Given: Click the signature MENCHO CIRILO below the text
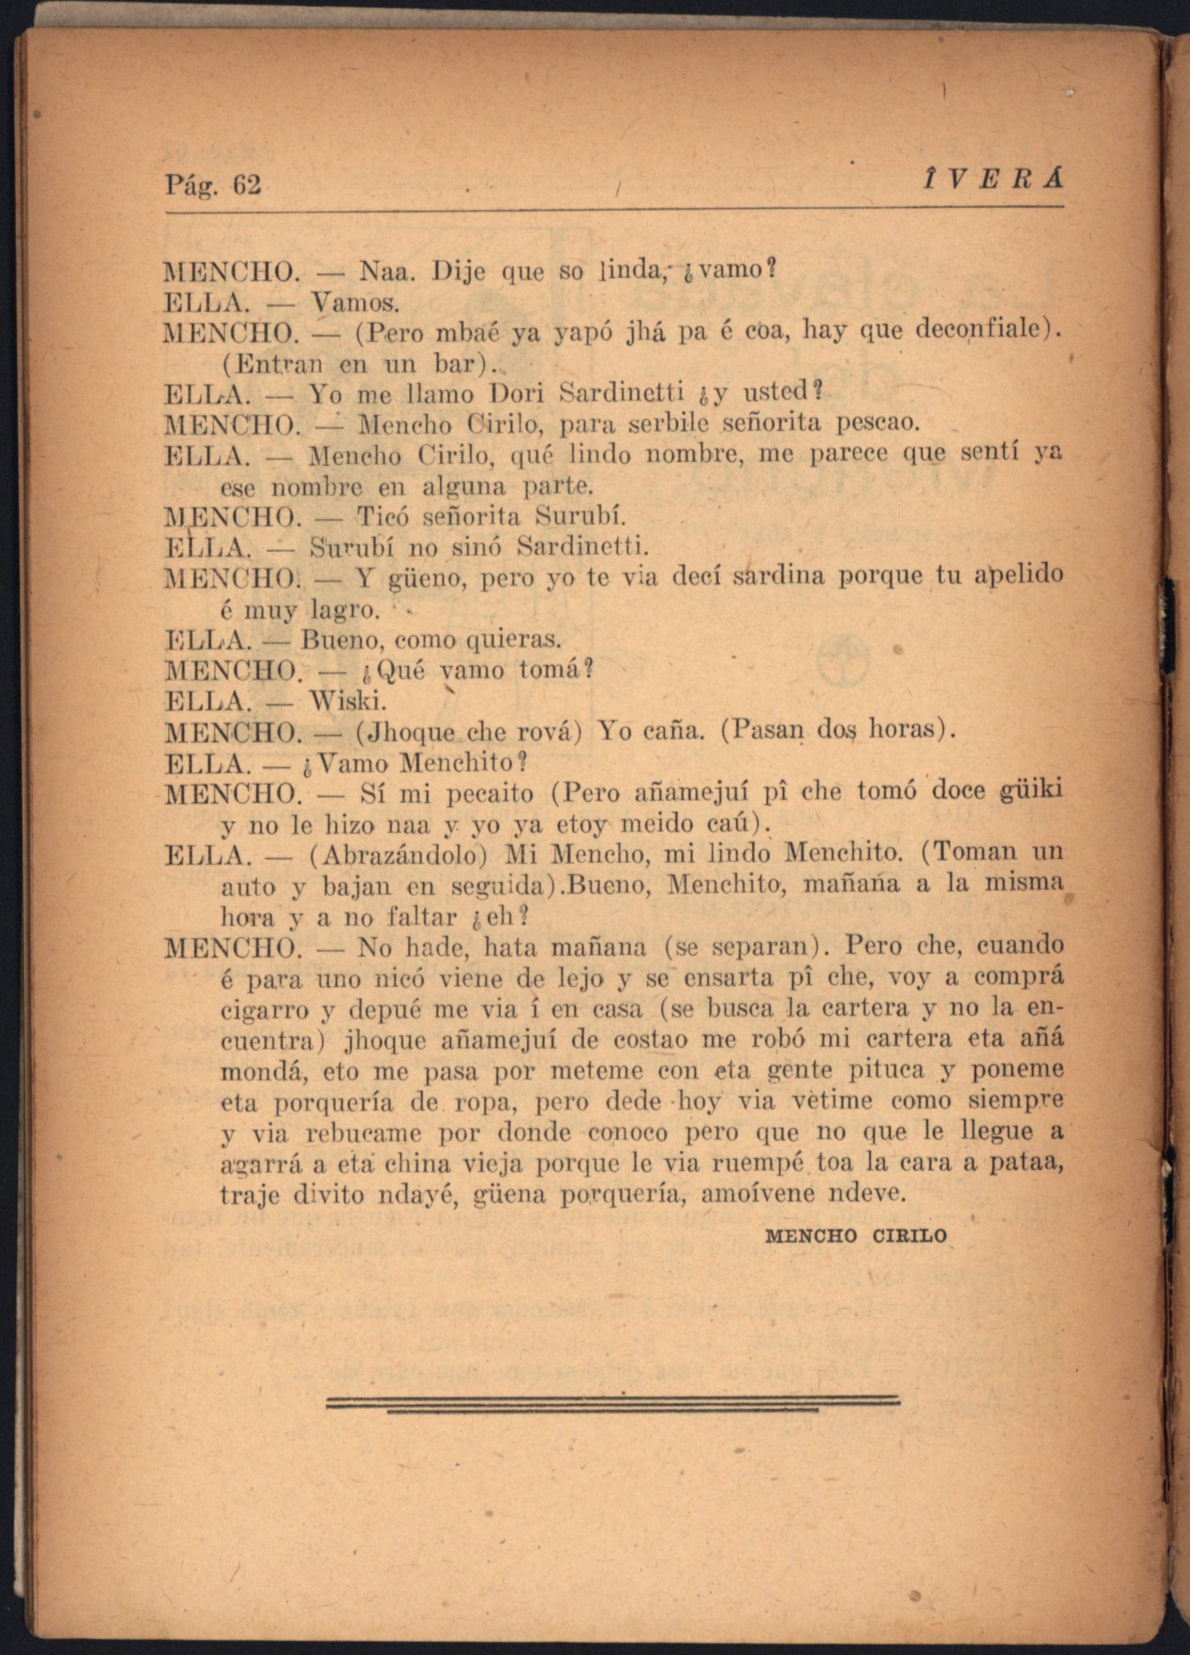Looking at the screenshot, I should [856, 1236].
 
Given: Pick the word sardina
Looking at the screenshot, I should [780, 577].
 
